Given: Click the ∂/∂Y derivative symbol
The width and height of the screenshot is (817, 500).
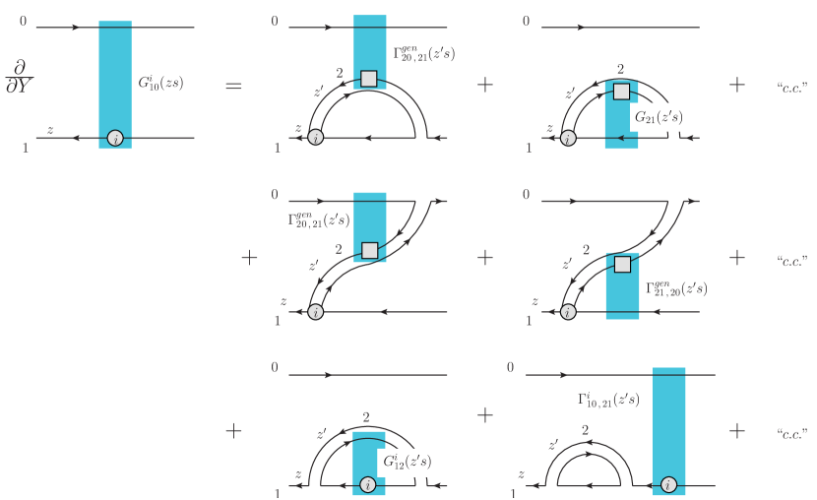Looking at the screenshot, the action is pyautogui.click(x=20, y=76).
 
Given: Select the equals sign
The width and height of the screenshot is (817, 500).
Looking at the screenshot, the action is pyautogui.click(x=233, y=85).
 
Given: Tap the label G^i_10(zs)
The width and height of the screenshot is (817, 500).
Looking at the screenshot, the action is pyautogui.click(x=160, y=83).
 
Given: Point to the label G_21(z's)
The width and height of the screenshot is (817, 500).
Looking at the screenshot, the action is pyautogui.click(x=659, y=117).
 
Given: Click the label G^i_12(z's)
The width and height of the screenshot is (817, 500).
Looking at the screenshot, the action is pyautogui.click(x=407, y=462).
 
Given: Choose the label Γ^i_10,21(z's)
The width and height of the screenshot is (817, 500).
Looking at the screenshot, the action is pyautogui.click(x=608, y=399).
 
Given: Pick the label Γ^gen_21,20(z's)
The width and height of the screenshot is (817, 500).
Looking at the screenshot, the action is pyautogui.click(x=676, y=288).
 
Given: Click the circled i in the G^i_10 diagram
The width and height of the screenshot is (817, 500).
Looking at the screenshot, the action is pyautogui.click(x=115, y=139).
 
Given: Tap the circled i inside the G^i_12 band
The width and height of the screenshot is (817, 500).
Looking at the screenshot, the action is pyautogui.click(x=368, y=485).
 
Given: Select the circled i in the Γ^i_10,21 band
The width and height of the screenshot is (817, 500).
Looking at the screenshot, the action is pyautogui.click(x=668, y=485).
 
